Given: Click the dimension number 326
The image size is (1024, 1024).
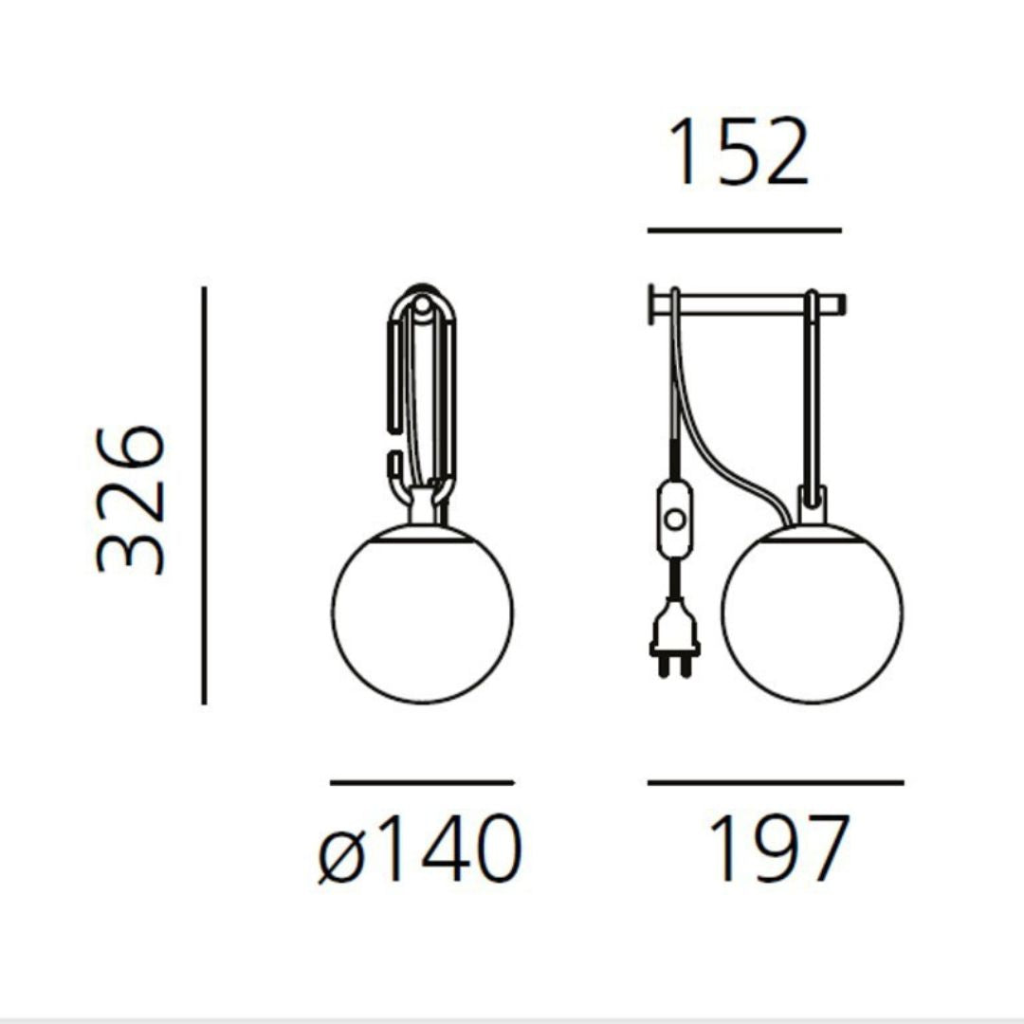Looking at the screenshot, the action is (x=131, y=501).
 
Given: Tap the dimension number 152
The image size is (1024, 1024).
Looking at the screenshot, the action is (x=738, y=153).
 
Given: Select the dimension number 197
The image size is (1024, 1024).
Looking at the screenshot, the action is (x=778, y=848).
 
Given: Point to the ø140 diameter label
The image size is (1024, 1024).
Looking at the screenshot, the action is (x=420, y=849).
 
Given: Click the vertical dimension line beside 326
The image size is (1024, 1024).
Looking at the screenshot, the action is (x=204, y=496).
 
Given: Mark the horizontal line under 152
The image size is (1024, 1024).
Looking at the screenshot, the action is (x=744, y=230).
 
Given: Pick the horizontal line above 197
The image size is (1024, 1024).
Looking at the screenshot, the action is (x=776, y=781).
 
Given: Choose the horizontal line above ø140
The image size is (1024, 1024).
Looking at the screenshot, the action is (x=423, y=781).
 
